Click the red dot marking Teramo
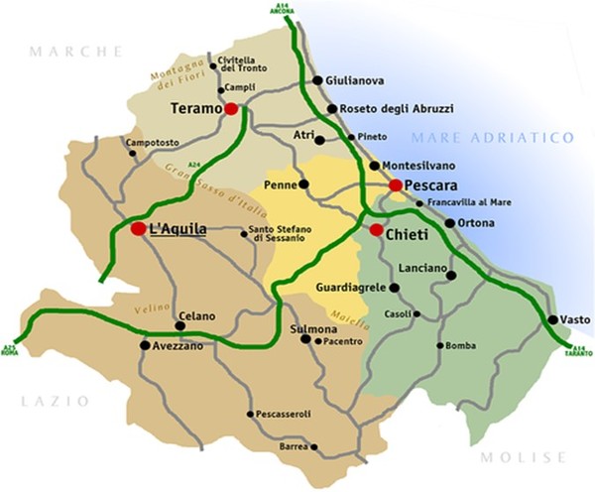231,109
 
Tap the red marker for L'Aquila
137,229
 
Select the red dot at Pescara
395,185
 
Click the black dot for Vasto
552,319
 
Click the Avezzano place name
179,346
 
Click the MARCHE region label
75,51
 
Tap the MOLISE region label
522,458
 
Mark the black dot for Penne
303,184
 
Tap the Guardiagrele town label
350,288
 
